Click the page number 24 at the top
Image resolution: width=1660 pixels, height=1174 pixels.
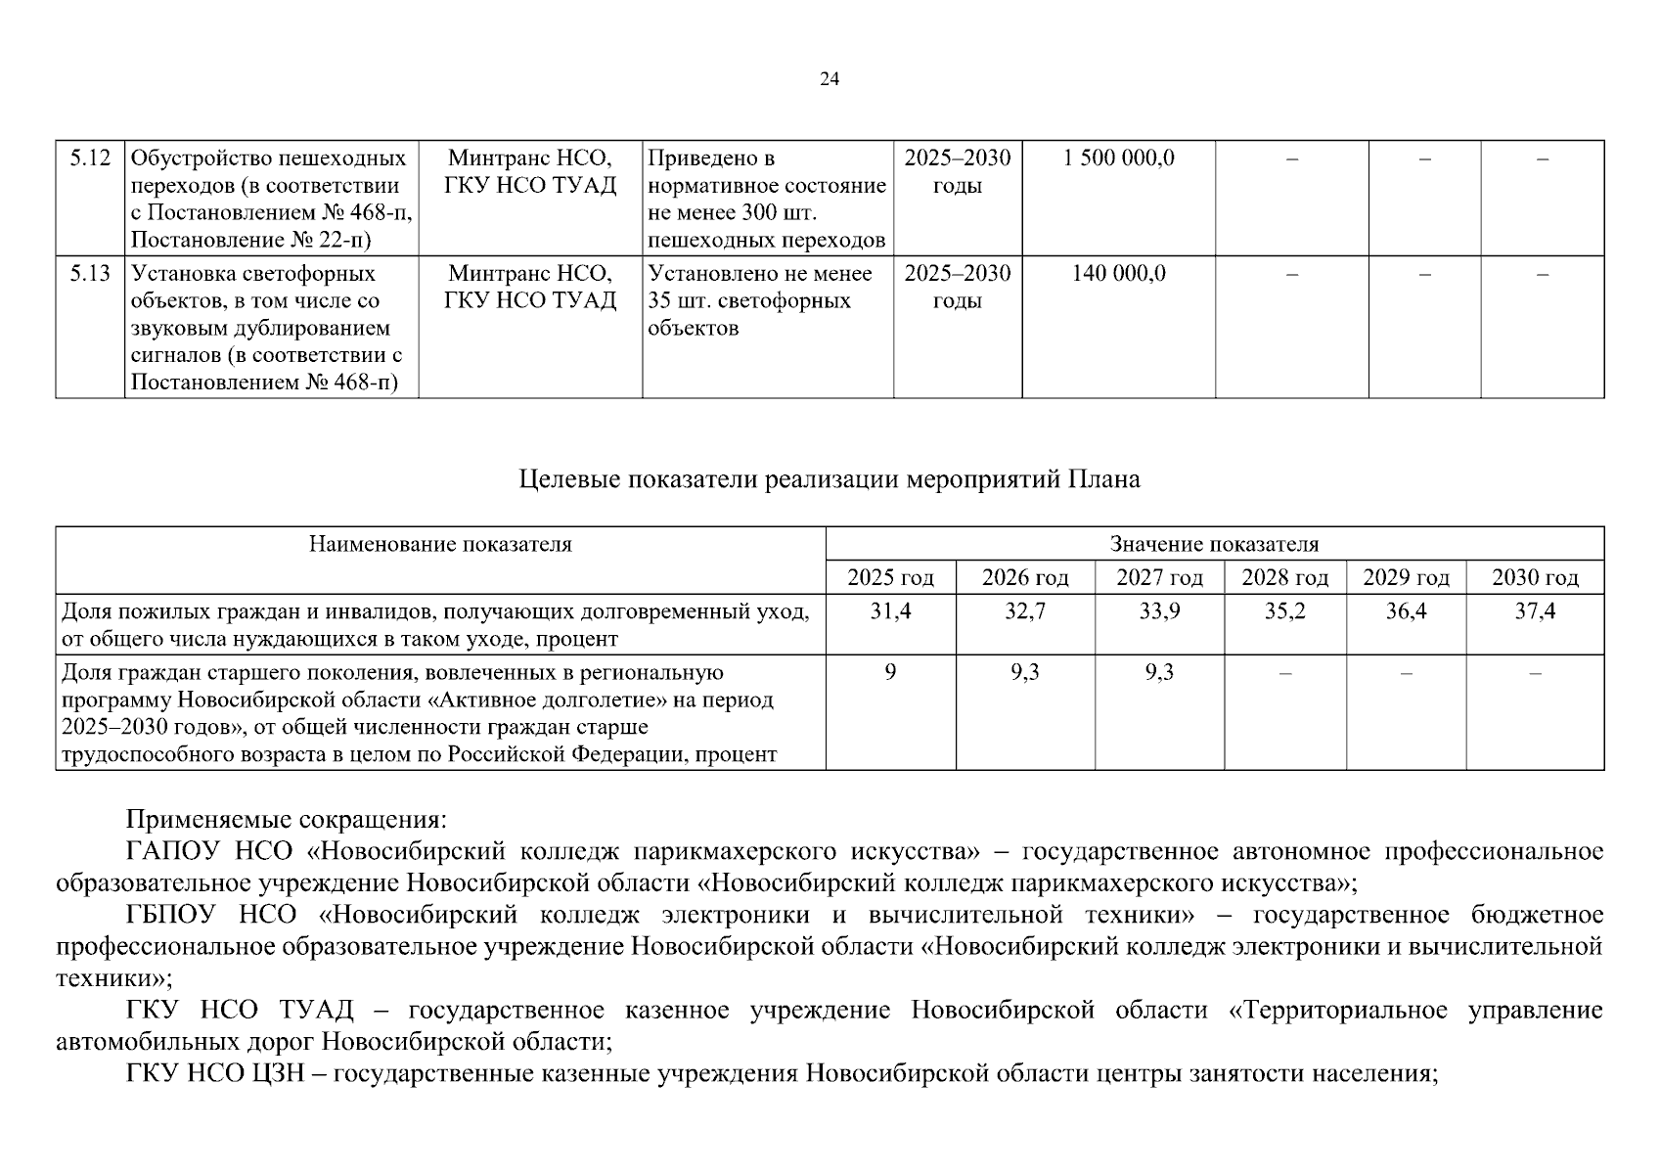tap(829, 79)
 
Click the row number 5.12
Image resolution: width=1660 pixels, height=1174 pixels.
tap(90, 158)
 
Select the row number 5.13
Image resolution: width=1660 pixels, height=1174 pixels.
tap(90, 273)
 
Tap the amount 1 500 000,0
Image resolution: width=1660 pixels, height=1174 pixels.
tap(1118, 158)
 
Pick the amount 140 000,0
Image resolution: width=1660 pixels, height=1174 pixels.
tap(1118, 273)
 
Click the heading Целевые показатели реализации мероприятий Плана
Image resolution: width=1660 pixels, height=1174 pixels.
tap(829, 479)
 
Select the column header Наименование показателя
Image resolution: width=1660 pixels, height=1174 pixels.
tap(440, 544)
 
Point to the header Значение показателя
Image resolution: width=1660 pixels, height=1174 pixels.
tap(1214, 544)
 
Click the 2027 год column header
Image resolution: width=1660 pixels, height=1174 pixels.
tap(1159, 577)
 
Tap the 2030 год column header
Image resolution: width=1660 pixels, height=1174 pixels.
tap(1535, 577)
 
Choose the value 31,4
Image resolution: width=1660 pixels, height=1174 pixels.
tap(890, 611)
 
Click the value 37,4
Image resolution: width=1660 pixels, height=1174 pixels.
tap(1535, 611)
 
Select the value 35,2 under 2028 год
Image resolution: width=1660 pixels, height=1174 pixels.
tap(1284, 611)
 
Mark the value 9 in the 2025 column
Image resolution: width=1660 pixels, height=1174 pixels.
tap(890, 673)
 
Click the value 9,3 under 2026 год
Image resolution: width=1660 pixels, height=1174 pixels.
tap(1024, 673)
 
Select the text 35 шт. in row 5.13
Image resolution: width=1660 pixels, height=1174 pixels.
tap(681, 300)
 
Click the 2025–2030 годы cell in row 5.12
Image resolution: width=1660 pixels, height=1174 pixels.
tap(957, 171)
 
